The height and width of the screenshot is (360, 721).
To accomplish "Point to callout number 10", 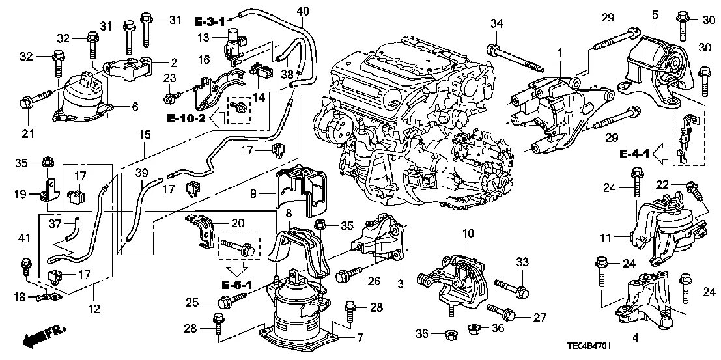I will click(468, 233).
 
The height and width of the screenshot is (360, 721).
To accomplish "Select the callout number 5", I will click(655, 14).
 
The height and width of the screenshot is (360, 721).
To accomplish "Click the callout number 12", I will click(94, 309).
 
